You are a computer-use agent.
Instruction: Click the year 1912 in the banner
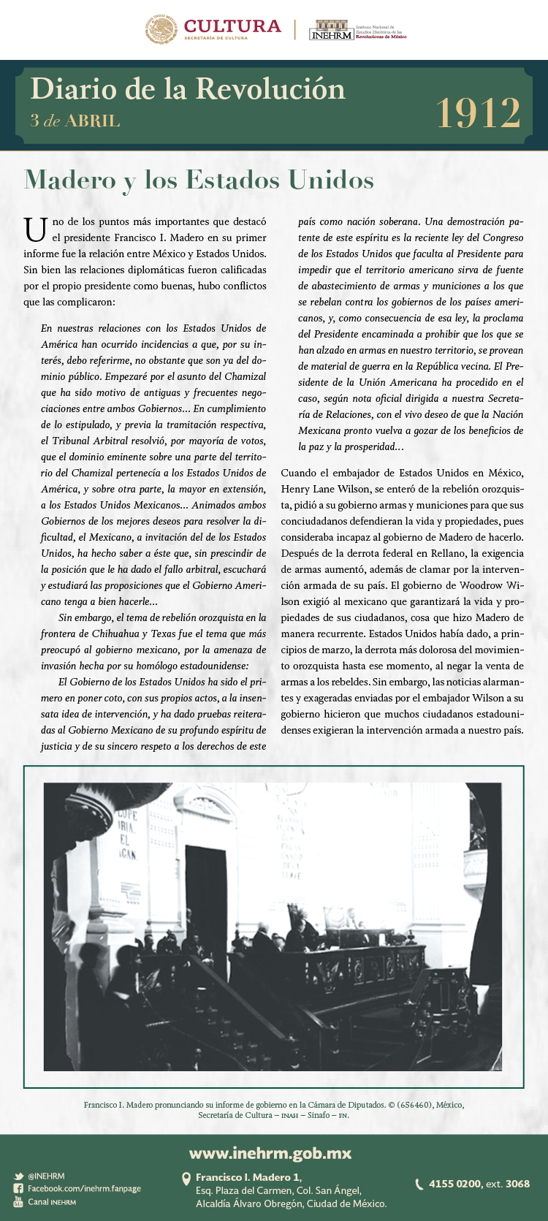coord(479,113)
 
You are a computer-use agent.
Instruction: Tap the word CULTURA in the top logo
coord(232,26)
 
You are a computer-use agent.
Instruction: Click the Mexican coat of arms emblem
coord(161,29)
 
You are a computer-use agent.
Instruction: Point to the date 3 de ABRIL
coord(75,121)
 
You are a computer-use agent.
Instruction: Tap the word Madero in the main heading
coord(70,180)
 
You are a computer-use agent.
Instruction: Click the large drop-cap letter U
coord(36,229)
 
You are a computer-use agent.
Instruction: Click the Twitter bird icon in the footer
coord(18,1176)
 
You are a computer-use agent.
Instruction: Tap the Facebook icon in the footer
coord(18,1189)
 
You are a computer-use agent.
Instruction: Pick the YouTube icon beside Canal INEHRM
coord(18,1202)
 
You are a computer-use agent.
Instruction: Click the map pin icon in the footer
coord(186,1179)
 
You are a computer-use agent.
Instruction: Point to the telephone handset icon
coord(419,1184)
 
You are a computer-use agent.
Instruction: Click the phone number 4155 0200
coord(454,1184)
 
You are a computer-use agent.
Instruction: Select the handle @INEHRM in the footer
coord(46,1176)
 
